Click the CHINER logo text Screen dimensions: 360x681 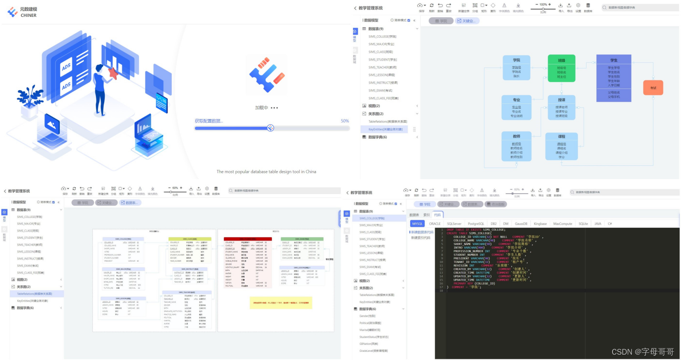point(28,15)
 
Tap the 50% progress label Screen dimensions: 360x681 point(345,121)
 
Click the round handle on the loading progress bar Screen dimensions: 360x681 point(270,128)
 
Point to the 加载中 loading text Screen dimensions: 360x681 point(262,108)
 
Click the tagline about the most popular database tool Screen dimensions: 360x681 point(267,172)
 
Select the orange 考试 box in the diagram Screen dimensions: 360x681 point(653,88)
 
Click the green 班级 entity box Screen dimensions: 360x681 point(561,68)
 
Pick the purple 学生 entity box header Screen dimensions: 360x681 point(614,60)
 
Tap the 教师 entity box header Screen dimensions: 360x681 point(516,136)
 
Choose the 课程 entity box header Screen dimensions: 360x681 point(562,136)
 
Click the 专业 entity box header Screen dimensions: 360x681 point(516,100)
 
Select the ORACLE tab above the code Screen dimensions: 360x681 point(435,224)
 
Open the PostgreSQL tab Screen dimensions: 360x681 point(476,224)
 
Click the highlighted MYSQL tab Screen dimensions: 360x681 point(417,224)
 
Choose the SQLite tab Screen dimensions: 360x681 point(583,224)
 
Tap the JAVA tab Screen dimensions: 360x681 point(598,224)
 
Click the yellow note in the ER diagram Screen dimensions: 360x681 point(281,303)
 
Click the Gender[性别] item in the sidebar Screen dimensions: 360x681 point(367,316)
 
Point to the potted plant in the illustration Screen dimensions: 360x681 point(30,99)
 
